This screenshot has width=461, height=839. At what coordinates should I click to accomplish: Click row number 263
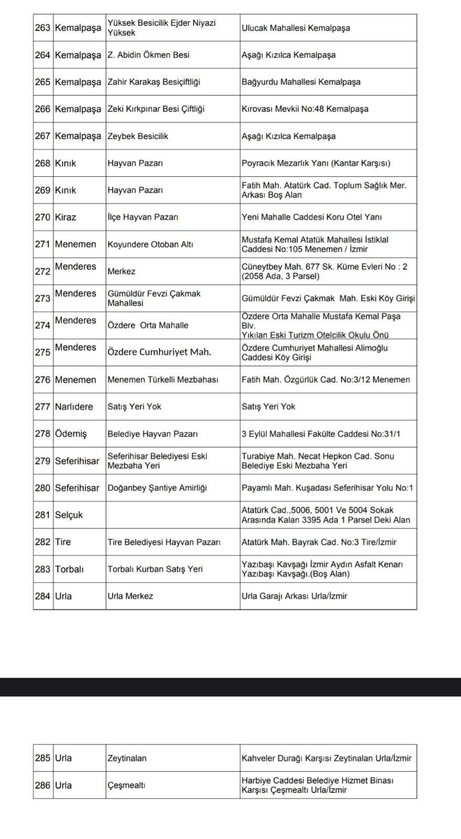tap(42, 28)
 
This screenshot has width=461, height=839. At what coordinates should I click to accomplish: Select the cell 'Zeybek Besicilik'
tap(138, 136)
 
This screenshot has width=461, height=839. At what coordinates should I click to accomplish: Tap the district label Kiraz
tap(65, 217)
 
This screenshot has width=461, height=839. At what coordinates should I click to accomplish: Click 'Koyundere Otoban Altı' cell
tap(150, 244)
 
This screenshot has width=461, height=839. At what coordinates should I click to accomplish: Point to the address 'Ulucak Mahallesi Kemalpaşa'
tap(295, 28)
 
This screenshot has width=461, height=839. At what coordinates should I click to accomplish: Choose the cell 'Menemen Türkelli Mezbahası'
tap(162, 380)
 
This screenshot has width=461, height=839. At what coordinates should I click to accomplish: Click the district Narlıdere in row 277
tap(74, 406)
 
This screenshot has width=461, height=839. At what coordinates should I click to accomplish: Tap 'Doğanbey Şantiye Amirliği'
tap(157, 488)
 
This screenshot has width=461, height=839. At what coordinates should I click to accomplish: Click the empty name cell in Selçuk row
tap(173, 515)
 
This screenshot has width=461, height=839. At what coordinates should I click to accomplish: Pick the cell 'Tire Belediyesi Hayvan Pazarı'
tap(164, 542)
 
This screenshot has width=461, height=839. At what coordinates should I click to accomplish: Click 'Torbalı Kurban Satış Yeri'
tap(155, 569)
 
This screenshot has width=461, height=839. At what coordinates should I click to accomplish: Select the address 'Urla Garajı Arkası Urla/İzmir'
tap(294, 596)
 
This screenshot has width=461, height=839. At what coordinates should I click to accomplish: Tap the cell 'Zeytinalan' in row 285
tap(127, 758)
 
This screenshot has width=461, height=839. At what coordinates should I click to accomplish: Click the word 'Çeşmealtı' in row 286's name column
tap(126, 786)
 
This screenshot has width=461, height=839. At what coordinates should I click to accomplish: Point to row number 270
tap(42, 217)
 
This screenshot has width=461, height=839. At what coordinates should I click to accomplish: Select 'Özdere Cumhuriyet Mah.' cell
tap(159, 352)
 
